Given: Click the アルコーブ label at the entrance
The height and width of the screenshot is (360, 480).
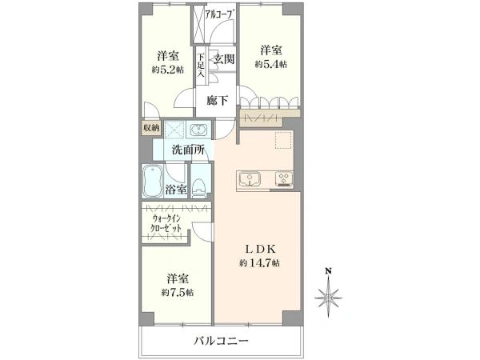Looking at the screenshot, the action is (222, 14).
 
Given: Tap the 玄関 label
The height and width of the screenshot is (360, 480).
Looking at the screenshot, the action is (224, 59).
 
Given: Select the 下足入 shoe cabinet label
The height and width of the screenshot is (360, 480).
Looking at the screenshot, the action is (201, 66).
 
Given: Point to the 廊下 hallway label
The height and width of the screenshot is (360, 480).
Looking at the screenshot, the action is (217, 101).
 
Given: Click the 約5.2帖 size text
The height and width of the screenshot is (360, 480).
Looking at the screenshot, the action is (168, 70).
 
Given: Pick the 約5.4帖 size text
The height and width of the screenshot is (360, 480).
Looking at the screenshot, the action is (271, 64).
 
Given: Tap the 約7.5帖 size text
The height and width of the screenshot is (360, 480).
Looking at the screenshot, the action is (178, 293).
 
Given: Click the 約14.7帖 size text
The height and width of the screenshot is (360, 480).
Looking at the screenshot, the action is (259, 263).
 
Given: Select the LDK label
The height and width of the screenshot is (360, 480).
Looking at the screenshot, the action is (261, 249).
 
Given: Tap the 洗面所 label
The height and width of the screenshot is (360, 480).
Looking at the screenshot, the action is (188, 150).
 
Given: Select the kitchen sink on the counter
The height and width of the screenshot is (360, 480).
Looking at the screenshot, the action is (250, 179).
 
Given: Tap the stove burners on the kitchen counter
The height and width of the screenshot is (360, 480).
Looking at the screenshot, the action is (284, 178).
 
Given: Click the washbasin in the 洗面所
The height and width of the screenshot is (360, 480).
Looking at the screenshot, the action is (199, 130).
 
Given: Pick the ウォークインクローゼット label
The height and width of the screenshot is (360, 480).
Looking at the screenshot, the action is (166, 223).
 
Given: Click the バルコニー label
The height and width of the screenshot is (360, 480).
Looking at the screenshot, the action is (221, 341).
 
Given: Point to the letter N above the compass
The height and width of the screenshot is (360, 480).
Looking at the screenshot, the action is (328, 271).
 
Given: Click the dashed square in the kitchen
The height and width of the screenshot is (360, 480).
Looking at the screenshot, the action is (284, 140).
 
